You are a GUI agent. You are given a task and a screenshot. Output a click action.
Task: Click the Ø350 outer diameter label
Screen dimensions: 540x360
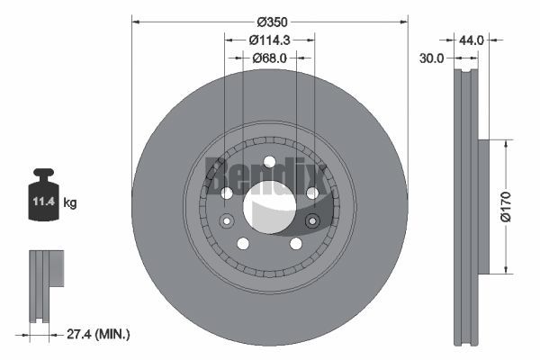point(272,22)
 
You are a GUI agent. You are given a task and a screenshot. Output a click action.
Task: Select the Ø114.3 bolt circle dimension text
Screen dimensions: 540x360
point(270,40)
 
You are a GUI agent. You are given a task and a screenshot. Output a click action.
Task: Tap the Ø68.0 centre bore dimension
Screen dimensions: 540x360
point(269,58)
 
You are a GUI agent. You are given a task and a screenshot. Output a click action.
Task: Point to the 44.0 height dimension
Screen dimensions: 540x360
point(472,40)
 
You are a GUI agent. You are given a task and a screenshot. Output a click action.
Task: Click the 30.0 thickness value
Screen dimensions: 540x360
point(431,58)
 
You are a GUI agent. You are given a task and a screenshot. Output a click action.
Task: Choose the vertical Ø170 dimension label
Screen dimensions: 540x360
point(506,207)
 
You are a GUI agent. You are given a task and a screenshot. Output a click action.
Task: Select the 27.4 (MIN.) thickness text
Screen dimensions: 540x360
point(98,334)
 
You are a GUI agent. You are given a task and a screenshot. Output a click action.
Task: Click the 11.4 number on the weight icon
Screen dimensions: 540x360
point(44,202)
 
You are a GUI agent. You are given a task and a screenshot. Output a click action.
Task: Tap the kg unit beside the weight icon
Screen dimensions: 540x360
point(70,202)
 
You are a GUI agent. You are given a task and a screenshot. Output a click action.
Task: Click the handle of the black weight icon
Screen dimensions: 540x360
point(44,173)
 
